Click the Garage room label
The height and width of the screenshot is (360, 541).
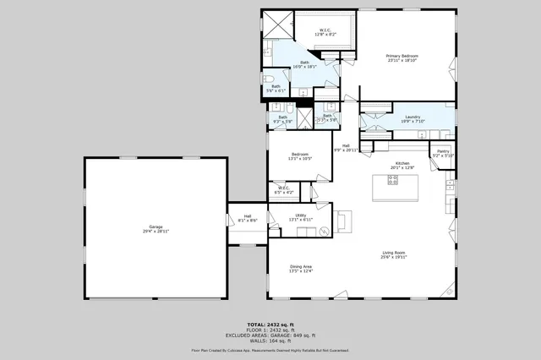[156, 228]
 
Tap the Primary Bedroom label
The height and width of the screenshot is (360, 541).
[403, 58]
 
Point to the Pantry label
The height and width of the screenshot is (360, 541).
[444, 154]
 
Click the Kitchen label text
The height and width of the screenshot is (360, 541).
[402, 166]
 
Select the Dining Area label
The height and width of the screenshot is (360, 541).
[301, 269]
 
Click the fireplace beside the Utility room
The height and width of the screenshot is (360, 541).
[342, 221]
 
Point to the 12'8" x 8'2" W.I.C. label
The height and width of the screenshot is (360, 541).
[325, 31]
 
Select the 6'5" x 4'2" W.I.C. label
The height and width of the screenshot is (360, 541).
[285, 190]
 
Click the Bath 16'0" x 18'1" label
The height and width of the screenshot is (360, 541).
[304, 65]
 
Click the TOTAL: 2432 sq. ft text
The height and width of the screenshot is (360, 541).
[270, 325]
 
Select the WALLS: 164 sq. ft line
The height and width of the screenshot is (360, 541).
[270, 340]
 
